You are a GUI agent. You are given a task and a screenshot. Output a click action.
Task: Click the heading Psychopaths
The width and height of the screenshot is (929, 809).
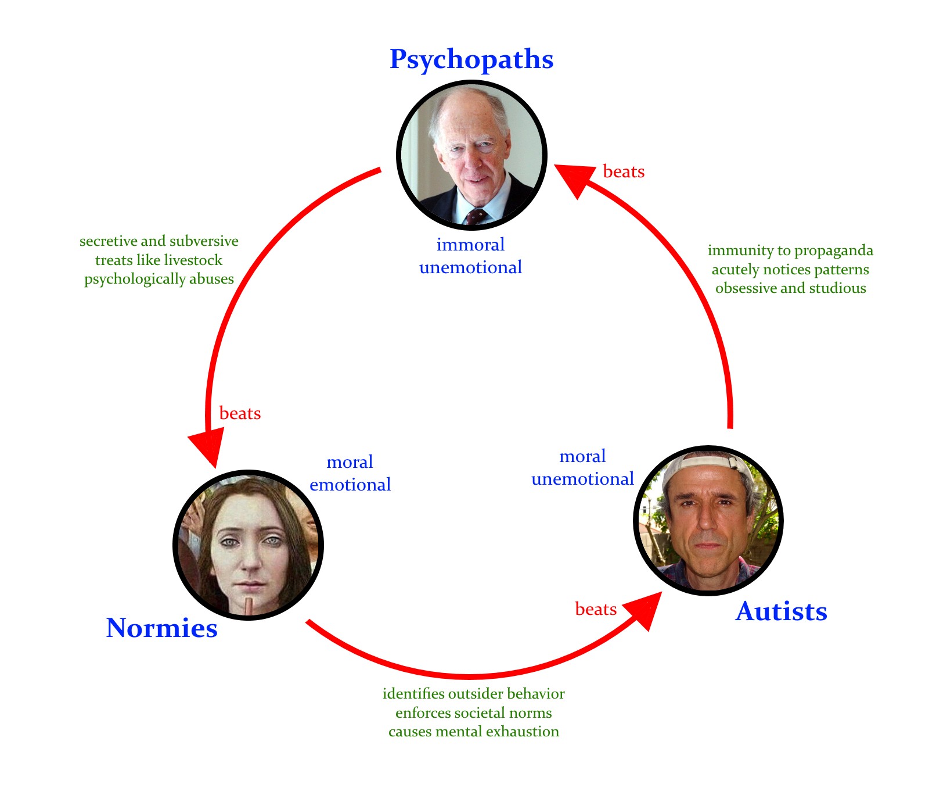(471, 59)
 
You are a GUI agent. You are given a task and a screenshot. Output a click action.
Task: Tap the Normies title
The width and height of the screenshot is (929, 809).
(161, 628)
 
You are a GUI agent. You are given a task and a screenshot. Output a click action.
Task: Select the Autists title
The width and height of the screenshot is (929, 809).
(781, 611)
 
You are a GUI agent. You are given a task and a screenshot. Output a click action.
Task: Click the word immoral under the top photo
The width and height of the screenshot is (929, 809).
(470, 245)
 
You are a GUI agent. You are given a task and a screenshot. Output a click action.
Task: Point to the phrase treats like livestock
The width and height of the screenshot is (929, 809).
(159, 260)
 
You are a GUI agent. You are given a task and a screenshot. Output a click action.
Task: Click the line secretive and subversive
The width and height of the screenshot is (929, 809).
(159, 241)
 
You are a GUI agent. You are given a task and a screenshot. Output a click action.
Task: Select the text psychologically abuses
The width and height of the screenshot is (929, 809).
(159, 279)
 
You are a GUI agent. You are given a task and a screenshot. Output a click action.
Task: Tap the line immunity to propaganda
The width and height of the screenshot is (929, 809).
(790, 250)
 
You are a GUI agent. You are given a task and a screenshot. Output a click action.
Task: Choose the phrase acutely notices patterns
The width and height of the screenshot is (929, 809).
(790, 270)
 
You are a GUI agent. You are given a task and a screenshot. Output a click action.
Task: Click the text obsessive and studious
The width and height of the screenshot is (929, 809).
(790, 288)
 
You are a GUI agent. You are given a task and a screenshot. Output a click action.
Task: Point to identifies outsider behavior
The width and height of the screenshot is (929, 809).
(473, 694)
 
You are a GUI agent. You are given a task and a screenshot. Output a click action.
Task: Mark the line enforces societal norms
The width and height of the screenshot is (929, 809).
(473, 713)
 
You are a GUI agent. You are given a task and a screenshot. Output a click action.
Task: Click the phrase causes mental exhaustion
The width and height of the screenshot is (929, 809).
(473, 732)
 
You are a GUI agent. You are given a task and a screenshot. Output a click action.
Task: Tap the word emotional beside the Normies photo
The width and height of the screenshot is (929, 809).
(350, 485)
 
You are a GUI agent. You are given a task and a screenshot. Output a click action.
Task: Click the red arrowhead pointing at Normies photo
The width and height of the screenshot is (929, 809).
(207, 446)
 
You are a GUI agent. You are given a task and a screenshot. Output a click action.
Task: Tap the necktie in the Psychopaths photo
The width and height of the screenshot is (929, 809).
(476, 216)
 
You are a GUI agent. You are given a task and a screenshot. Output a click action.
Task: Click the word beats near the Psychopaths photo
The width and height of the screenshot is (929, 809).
(624, 172)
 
